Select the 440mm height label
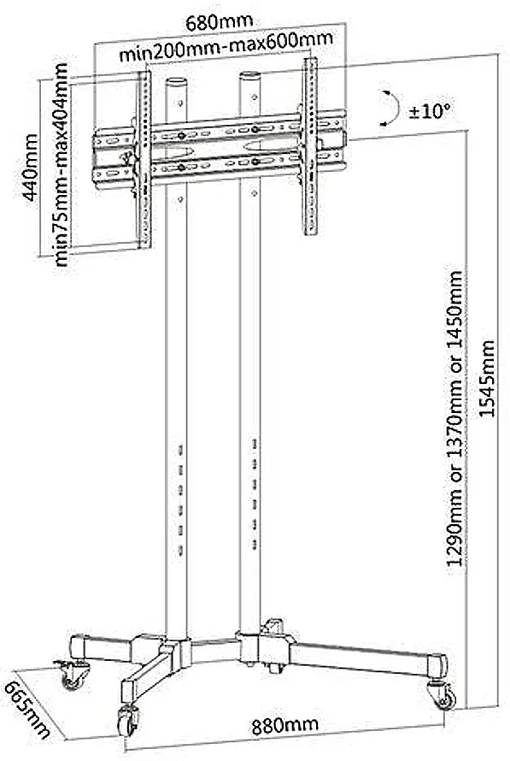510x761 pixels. click(x=31, y=168)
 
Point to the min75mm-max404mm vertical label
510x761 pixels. click(x=62, y=164)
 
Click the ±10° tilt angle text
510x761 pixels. click(x=430, y=113)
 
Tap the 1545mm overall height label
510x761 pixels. click(x=486, y=378)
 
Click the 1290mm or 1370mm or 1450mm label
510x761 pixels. click(x=455, y=419)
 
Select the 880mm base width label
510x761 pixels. click(x=285, y=726)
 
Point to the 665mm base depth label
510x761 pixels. click(x=27, y=709)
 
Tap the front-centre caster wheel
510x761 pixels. click(x=127, y=720)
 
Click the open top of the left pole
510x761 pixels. click(x=176, y=81)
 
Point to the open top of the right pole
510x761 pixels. click(x=250, y=76)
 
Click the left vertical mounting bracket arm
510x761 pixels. click(x=144, y=160)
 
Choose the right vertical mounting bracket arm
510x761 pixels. click(x=310, y=146)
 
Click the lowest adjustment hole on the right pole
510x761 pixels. click(x=255, y=545)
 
